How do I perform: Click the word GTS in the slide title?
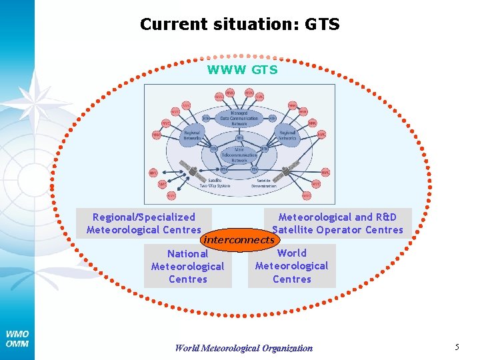pyautogui.click(x=322, y=25)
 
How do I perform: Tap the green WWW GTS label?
pyautogui.click(x=242, y=69)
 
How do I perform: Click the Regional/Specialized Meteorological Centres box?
pyautogui.click(x=144, y=223)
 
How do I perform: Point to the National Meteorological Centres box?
pyautogui.click(x=188, y=266)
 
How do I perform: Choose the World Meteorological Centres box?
pyautogui.click(x=292, y=266)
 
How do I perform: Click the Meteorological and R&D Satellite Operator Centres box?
pyautogui.click(x=341, y=223)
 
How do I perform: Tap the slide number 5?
pyautogui.click(x=457, y=347)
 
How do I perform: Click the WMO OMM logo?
pyautogui.click(x=17, y=339)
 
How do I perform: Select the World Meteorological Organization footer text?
pyautogui.click(x=243, y=347)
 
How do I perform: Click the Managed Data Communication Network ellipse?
pyautogui.click(x=239, y=119)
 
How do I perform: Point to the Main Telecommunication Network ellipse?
pyautogui.click(x=239, y=156)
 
